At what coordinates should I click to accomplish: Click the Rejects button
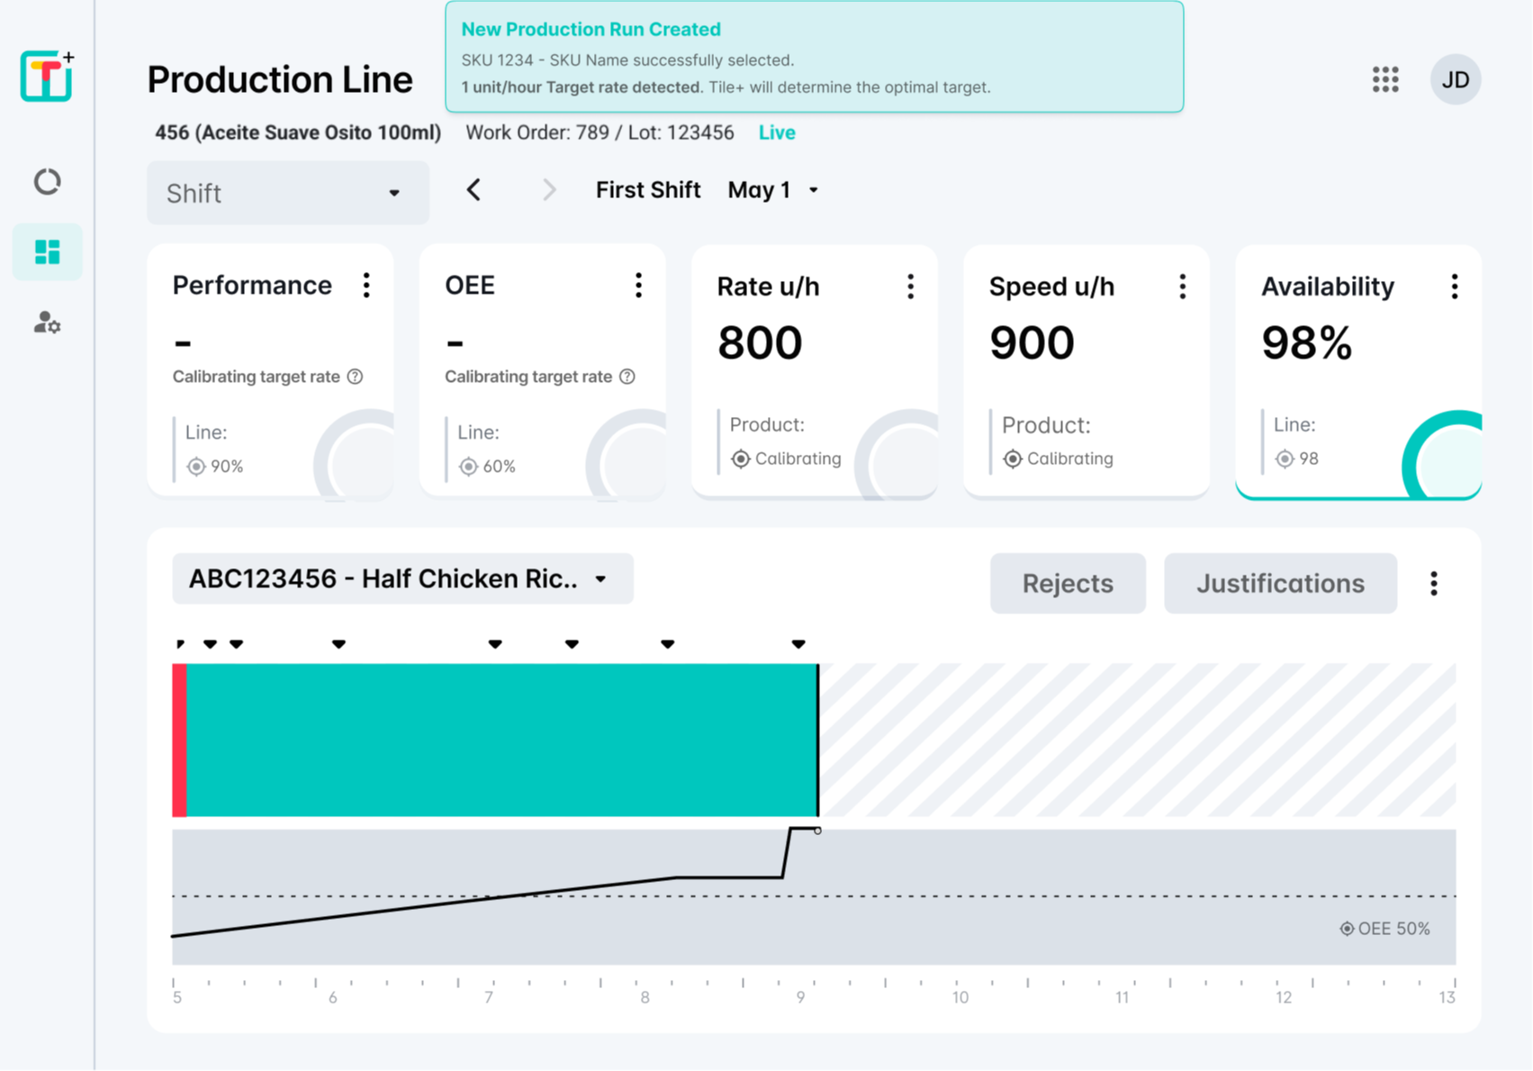(x=1068, y=584)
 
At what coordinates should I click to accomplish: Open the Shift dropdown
(x=287, y=193)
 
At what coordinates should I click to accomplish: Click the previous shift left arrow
(x=473, y=190)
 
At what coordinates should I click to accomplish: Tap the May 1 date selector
(x=772, y=190)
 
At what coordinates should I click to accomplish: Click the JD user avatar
(x=1455, y=79)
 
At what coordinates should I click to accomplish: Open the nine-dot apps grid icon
(x=1385, y=79)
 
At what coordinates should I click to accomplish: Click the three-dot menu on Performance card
(x=366, y=286)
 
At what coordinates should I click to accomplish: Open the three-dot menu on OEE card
(x=638, y=286)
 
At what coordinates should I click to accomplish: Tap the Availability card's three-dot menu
(x=1454, y=286)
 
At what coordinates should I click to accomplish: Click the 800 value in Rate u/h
(x=760, y=343)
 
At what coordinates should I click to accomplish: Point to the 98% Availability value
(x=1306, y=343)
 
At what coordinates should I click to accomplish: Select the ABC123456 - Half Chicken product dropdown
(x=402, y=578)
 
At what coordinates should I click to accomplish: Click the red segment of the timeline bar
(x=179, y=740)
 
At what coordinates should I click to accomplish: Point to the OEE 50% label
(x=1385, y=929)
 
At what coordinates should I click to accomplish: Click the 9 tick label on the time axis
(x=800, y=997)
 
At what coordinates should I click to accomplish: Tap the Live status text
(x=777, y=133)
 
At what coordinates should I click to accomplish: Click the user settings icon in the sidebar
(x=47, y=322)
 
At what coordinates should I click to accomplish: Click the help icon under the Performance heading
(x=356, y=377)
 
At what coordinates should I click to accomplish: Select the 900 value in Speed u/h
(x=1032, y=343)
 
